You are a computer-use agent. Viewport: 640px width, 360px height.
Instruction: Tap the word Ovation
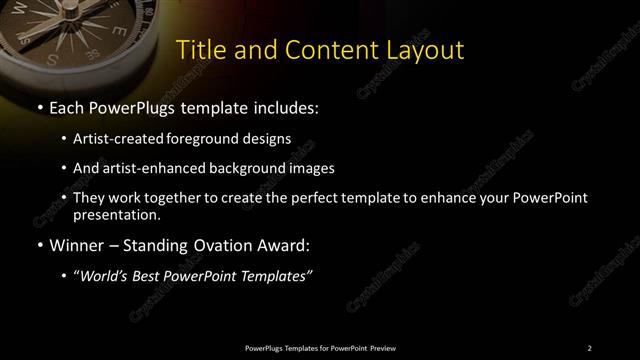click(212, 243)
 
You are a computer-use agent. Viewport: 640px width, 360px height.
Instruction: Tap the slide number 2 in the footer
click(590, 347)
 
